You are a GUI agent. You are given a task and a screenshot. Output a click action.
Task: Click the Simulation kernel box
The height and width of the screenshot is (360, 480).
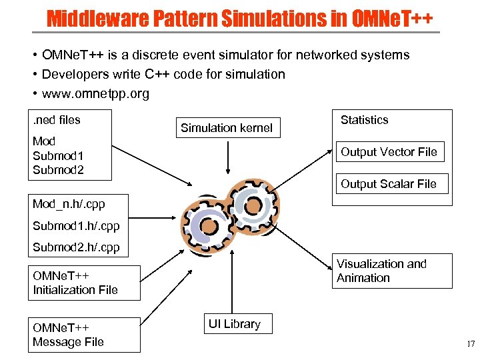pyautogui.click(x=227, y=128)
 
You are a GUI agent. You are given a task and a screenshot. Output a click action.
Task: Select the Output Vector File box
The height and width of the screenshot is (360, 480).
pyautogui.click(x=389, y=152)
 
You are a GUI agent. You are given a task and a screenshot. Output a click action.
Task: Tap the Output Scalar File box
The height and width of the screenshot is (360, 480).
pyautogui.click(x=388, y=184)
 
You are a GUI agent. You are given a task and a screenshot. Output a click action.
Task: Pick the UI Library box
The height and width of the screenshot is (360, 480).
pyautogui.click(x=234, y=325)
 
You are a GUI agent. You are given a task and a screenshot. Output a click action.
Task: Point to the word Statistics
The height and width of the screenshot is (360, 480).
pyautogui.click(x=364, y=120)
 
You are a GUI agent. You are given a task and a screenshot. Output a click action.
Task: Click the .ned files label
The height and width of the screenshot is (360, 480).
pyautogui.click(x=57, y=120)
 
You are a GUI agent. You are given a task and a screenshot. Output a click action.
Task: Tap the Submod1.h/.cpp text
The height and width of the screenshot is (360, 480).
pyautogui.click(x=76, y=226)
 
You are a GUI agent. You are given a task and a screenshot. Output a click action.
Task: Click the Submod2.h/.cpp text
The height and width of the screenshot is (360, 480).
pyautogui.click(x=76, y=247)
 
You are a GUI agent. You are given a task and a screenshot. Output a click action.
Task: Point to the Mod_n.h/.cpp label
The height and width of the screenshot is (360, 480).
pyautogui.click(x=69, y=204)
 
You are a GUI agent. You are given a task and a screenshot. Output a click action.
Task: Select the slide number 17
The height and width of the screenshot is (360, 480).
pyautogui.click(x=470, y=344)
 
